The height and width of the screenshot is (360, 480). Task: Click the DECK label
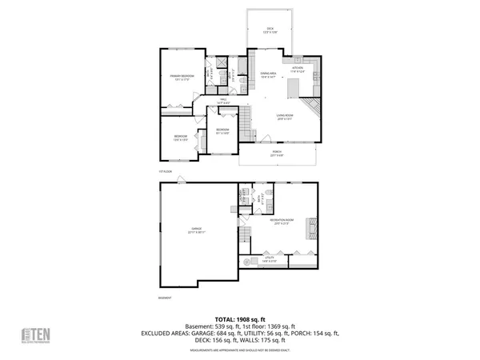[269, 30]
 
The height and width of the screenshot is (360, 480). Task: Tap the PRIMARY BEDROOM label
[178, 78]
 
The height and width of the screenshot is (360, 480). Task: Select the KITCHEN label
[297, 70]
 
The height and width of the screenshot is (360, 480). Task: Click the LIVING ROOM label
[286, 118]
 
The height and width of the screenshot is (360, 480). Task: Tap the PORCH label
[277, 153]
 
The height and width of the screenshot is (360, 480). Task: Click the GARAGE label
[198, 230]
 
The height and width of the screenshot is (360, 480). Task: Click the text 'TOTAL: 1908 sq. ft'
[240, 318]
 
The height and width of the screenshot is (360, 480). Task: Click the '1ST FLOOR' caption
[165, 170]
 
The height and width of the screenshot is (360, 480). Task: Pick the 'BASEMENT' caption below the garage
[165, 297]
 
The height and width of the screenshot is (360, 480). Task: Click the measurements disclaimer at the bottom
[240, 350]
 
